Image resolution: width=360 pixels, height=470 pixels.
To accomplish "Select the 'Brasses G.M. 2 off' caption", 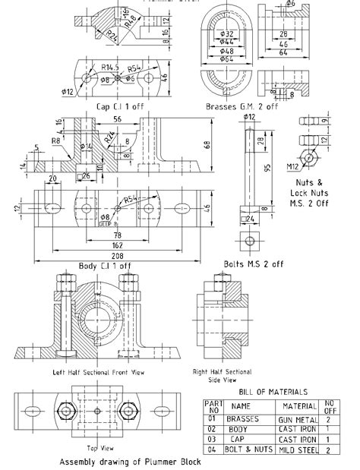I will (242, 107).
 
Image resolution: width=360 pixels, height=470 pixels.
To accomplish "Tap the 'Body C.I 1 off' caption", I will (105, 266).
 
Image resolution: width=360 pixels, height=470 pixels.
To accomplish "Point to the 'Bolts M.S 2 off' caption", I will (254, 264).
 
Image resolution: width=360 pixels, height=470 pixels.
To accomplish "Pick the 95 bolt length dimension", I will (267, 168).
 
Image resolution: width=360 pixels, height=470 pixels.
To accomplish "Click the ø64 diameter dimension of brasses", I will (226, 58).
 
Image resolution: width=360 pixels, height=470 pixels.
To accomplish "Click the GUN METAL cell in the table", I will (298, 418).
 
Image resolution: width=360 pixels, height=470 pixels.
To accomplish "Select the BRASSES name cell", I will (245, 418).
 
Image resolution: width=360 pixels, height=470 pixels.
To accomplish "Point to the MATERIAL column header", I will (298, 406).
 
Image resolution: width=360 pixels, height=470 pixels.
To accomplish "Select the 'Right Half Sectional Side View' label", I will (222, 375).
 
